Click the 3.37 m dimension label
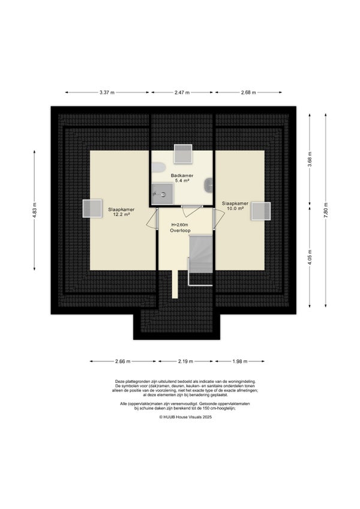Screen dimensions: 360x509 tap(107, 92)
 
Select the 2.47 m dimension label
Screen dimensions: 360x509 tap(182, 92)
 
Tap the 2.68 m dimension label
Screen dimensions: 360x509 tap(248, 92)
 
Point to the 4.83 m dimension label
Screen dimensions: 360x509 tap(34, 210)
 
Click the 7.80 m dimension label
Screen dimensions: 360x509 tap(326, 210)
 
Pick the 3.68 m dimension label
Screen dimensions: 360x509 tap(310, 159)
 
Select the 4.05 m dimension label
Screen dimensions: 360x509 tap(310, 257)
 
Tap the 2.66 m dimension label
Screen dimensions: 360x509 tap(123, 361)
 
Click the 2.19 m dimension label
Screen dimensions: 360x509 tap(185, 361)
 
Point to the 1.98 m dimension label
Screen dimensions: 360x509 tap(240, 361)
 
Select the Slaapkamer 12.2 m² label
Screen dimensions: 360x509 tap(121, 212)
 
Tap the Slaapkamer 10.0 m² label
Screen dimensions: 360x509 tap(235, 206)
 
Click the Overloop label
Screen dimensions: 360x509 tap(180, 230)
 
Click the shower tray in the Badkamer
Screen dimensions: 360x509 tap(163, 194)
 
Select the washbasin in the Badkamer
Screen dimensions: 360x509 tap(208, 185)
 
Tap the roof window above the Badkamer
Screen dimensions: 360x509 tap(183, 154)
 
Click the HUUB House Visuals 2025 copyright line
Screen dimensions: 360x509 tap(185, 417)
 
